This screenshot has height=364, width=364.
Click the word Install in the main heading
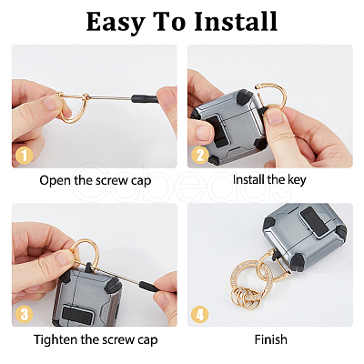pos(236,21)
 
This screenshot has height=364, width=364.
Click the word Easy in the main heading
pos(115,23)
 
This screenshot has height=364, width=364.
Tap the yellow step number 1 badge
pos(24,156)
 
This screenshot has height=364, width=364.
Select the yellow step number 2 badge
pos(200,155)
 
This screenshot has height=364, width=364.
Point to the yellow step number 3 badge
pos(24,314)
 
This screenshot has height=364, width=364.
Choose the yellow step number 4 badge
pos(200,314)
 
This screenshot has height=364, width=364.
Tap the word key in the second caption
pos(297,180)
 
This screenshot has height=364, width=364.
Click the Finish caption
pos(271,339)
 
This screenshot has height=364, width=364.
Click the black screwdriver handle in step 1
pos(145,98)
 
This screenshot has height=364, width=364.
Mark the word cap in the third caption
pos(147,341)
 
